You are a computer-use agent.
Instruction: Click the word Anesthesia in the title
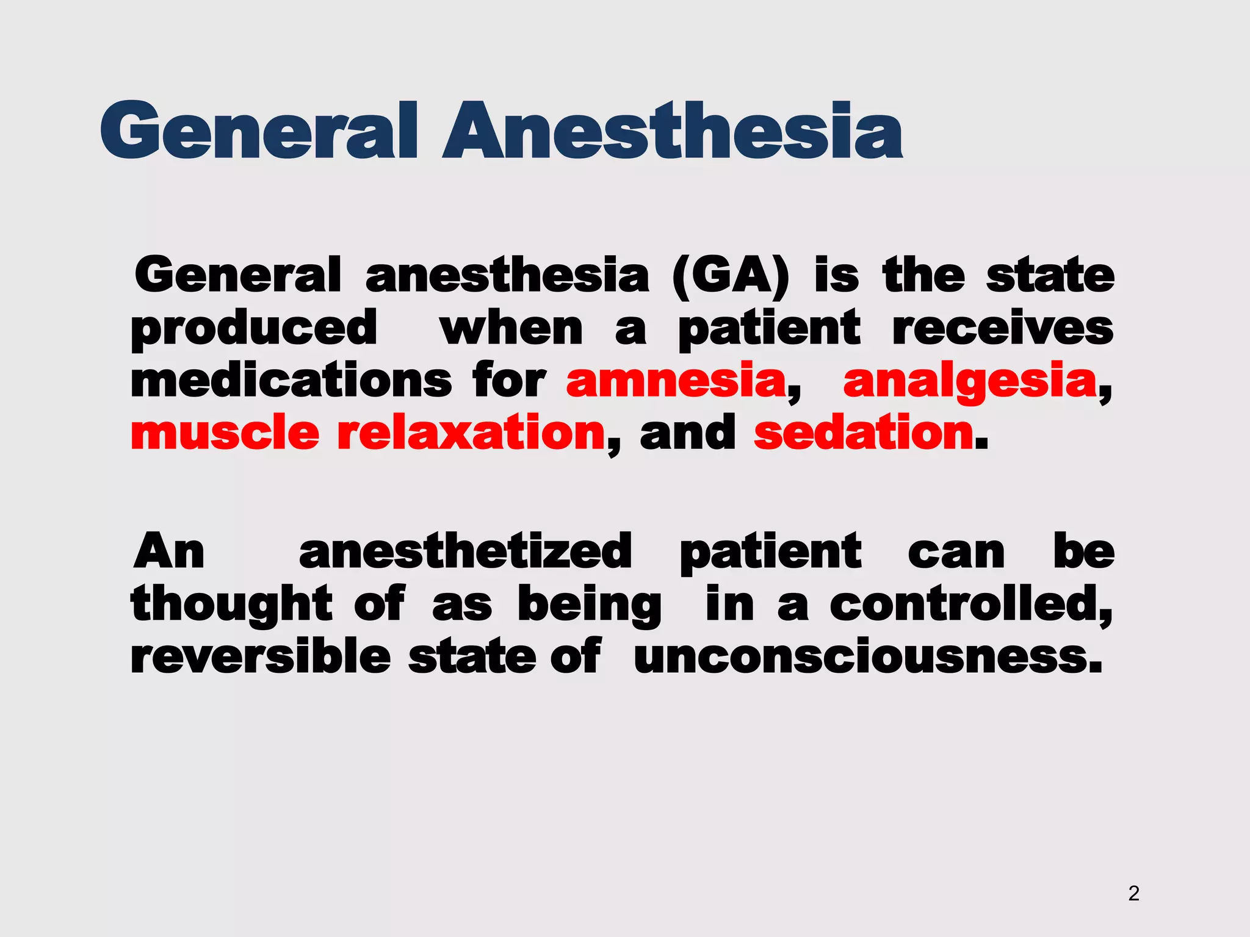tap(673, 131)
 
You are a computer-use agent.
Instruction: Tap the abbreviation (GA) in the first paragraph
tap(730, 276)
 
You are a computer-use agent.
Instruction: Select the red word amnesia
tap(676, 381)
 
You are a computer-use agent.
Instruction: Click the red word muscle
tap(225, 433)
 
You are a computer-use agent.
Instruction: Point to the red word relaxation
tap(471, 433)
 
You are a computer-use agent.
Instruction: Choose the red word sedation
tap(864, 433)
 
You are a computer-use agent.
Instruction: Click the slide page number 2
tap(1133, 893)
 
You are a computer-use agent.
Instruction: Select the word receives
tap(1003, 328)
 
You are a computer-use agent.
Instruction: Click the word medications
tap(291, 381)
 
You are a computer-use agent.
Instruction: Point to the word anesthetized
tap(465, 551)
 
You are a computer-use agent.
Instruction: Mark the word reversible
tap(261, 656)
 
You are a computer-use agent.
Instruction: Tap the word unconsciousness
tap(868, 658)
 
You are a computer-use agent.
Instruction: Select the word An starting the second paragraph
tap(169, 551)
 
